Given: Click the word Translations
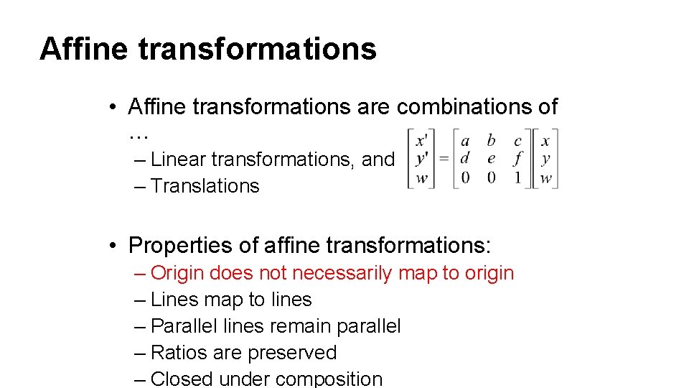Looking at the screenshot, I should [205, 185].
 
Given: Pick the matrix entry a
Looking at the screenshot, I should [465, 141].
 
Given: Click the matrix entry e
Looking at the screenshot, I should [492, 159].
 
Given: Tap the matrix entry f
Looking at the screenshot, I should [517, 159].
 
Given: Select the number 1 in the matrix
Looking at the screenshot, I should [517, 177].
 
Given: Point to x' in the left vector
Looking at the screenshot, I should [422, 141].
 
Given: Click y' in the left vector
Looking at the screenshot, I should [422, 159].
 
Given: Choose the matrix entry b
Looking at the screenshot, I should [492, 141].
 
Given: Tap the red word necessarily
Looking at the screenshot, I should [342, 273].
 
